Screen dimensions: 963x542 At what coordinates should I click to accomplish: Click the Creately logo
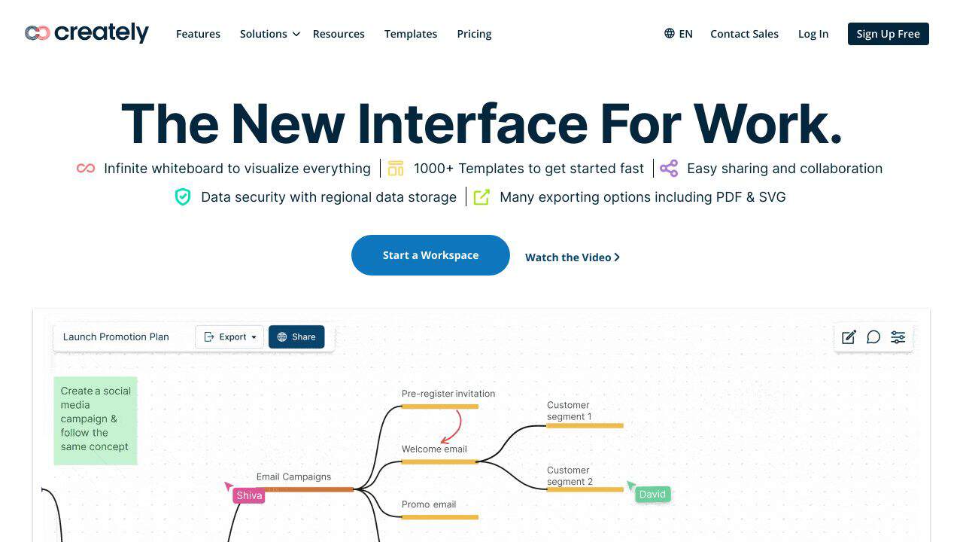[87, 33]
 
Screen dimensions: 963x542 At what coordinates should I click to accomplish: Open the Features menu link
[198, 34]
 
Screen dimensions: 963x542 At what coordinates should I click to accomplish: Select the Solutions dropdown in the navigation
[269, 34]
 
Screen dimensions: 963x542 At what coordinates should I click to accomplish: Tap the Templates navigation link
[411, 34]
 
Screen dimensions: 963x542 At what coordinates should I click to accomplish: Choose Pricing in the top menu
[474, 34]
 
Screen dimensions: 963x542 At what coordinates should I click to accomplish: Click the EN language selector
[679, 34]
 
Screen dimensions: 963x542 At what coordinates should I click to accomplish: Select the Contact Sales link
[744, 34]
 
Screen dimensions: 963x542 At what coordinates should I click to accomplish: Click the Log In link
[813, 34]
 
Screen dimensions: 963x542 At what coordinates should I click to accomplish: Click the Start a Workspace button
[430, 255]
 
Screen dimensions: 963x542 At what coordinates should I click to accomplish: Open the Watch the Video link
[573, 257]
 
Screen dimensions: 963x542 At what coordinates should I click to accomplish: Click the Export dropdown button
[229, 336]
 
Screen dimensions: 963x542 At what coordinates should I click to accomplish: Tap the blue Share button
[296, 336]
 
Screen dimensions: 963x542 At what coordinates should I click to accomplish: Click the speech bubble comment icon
[873, 336]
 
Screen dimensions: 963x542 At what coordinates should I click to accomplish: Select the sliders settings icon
[898, 336]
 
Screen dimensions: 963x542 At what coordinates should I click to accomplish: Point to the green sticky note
[96, 421]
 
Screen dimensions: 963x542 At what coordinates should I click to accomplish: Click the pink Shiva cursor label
[249, 495]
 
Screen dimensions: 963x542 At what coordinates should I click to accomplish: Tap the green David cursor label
[652, 495]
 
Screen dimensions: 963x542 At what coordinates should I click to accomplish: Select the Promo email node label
[429, 504]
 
